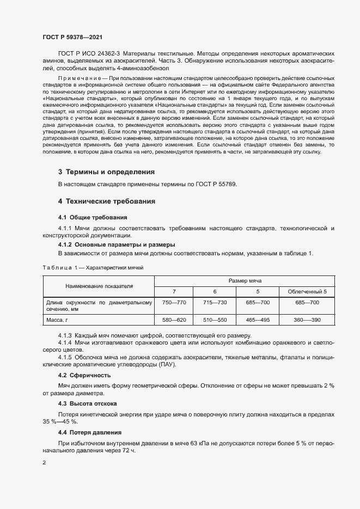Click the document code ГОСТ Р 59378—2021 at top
(x=72, y=37)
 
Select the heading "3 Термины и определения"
(x=106, y=171)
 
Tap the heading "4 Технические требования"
(x=107, y=201)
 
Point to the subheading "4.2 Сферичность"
(x=84, y=376)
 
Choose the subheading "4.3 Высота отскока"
(x=87, y=403)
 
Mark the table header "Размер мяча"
(x=245, y=281)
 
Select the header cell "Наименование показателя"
(x=99, y=286)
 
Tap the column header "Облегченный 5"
(x=307, y=292)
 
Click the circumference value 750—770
(x=174, y=302)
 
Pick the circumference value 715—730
(x=215, y=302)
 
